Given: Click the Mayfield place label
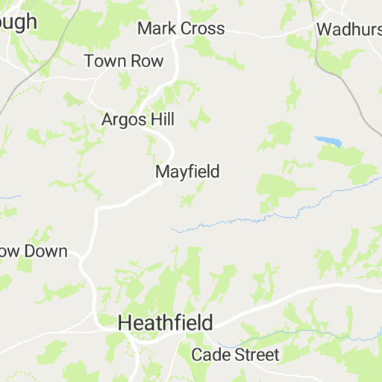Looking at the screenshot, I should pos(187,172).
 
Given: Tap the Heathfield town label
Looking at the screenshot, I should pos(166,323).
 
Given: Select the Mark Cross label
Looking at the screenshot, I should pos(181,28).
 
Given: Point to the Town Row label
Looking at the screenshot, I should pos(123,61).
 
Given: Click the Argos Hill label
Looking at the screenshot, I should pos(138,119).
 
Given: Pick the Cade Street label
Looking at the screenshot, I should pos(235,354).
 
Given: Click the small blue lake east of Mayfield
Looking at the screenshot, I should pos(328,140).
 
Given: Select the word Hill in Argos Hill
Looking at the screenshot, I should pos(160,119).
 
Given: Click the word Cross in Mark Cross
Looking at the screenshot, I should pos(201,28).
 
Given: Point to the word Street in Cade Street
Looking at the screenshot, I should pos(254,354).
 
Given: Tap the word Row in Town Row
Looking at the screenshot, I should pos(146,61).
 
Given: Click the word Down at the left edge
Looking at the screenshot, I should pos(46,251).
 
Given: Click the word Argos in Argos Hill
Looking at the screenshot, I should pos(124,119).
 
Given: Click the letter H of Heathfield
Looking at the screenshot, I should pos(125,323).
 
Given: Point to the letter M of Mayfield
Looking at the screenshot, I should pos(162,172).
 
